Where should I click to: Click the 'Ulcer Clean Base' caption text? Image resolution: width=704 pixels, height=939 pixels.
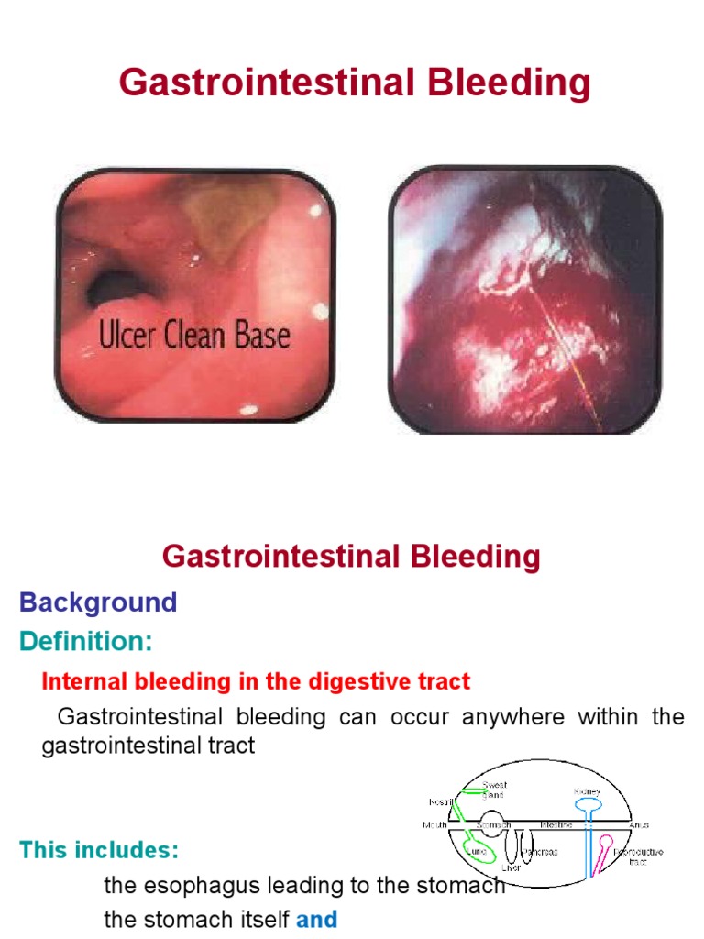pos(194,336)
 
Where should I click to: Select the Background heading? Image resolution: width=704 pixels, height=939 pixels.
pos(98,602)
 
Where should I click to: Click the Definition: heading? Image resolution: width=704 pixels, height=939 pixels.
pos(86,642)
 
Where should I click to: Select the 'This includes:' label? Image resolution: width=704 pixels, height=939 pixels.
pos(99,850)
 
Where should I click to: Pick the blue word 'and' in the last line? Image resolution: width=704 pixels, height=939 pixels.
pos(316,919)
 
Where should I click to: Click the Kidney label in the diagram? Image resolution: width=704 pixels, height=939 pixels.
pos(588,790)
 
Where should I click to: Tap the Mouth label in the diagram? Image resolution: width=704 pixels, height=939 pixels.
pos(434,825)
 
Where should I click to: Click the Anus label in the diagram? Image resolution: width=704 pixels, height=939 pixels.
pos(639,825)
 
